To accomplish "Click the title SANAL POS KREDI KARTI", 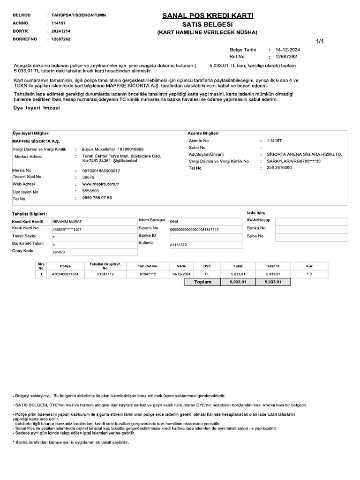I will (x=208, y=16).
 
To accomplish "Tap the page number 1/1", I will (x=320, y=41).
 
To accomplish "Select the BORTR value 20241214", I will (x=61, y=31).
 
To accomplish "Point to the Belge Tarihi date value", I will (x=288, y=49).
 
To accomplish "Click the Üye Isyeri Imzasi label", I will (x=37, y=108).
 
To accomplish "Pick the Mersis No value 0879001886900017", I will (x=101, y=171).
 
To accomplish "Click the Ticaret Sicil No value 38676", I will (x=88, y=177).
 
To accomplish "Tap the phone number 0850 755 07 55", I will (x=97, y=198).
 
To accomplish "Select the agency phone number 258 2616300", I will (x=279, y=167).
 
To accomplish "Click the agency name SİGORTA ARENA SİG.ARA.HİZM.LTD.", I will (x=304, y=154).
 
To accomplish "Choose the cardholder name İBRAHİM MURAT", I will (x=68, y=221).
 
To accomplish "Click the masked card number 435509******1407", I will (x=67, y=229).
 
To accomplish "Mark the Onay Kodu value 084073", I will (x=59, y=252).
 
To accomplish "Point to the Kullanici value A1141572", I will (x=179, y=245).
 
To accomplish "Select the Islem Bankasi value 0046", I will (x=174, y=221).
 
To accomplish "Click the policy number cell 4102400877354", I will (x=66, y=274).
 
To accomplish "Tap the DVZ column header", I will (x=207, y=266).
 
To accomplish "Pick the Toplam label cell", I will (x=203, y=282).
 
